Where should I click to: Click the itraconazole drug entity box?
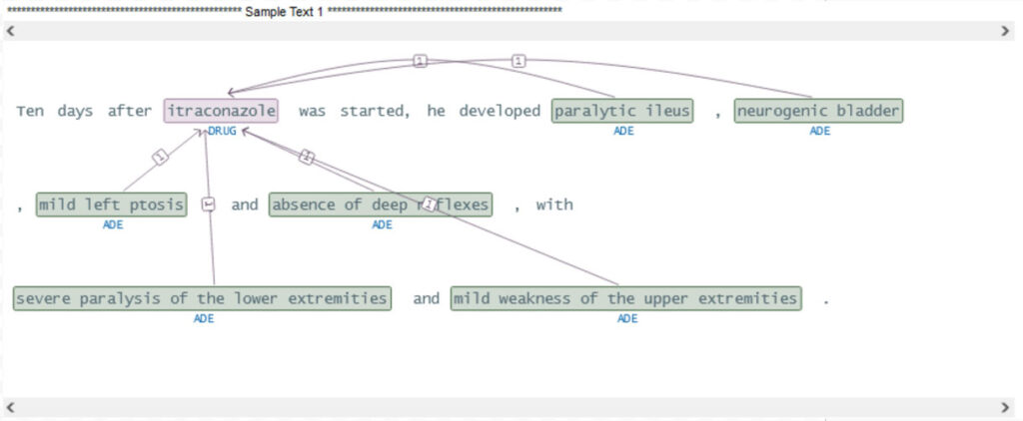pos(222,111)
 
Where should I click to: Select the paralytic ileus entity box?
pos(622,111)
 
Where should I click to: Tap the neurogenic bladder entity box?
pos(818,111)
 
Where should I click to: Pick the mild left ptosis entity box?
pos(111,205)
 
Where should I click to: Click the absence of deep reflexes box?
pos(382,205)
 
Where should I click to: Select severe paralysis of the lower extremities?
pos(203,298)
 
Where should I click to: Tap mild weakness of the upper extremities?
pos(625,298)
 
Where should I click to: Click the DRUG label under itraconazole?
pos(222,132)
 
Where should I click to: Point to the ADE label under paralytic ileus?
pos(623,132)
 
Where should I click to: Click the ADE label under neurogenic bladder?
pos(819,132)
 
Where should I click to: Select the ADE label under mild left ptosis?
pos(112,225)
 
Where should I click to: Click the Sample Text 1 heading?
pos(284,10)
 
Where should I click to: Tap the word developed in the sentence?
pos(500,111)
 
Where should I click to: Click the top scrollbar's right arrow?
pos(1005,32)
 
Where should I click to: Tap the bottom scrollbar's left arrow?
pos(10,407)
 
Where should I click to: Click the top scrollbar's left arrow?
pos(10,32)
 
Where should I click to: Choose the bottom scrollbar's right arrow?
pos(1005,407)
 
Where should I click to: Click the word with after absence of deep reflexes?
pos(554,205)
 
